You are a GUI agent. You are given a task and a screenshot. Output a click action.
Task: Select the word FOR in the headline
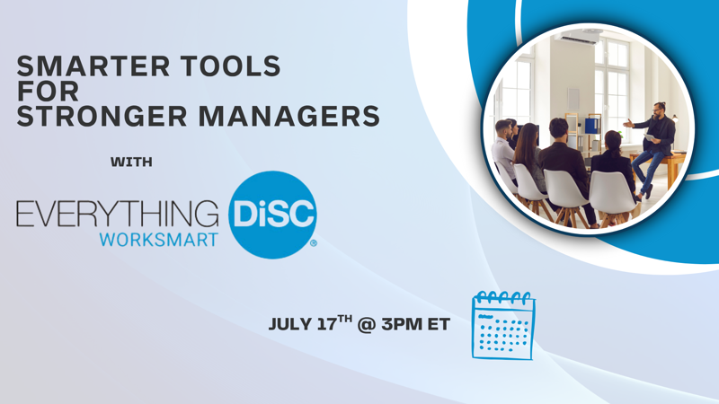49,92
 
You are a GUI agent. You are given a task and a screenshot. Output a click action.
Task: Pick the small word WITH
131,162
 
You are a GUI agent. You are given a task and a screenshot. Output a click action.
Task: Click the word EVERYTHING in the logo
118,214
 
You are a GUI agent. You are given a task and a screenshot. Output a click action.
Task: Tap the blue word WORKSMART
159,240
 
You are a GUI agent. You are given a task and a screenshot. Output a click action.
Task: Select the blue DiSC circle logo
272,215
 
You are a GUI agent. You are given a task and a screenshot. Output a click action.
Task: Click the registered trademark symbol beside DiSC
314,243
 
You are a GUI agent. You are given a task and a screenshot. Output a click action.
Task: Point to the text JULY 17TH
310,323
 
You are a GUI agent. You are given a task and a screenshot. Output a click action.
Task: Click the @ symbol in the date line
366,325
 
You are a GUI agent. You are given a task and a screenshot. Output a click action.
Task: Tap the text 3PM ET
415,324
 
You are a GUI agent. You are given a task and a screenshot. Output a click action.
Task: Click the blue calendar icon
503,326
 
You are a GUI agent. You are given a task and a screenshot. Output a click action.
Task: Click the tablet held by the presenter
651,138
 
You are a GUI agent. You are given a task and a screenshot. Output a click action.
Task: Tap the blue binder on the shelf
592,126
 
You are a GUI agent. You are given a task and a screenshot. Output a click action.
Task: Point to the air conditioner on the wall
579,38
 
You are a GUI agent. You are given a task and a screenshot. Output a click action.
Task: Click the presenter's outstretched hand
627,123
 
